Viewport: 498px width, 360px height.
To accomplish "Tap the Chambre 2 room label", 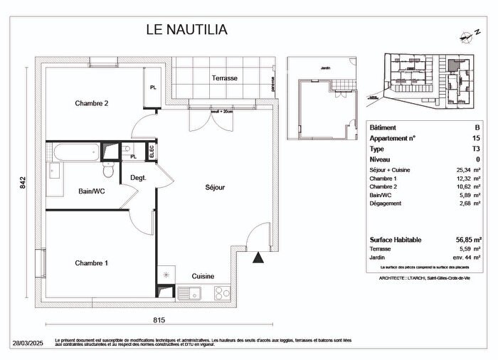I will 92,103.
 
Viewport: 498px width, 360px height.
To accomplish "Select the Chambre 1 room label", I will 92,263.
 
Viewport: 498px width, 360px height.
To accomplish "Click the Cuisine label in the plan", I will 203,276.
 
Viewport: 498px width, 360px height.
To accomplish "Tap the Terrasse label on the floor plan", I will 225,78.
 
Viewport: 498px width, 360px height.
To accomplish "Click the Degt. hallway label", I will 138,178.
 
